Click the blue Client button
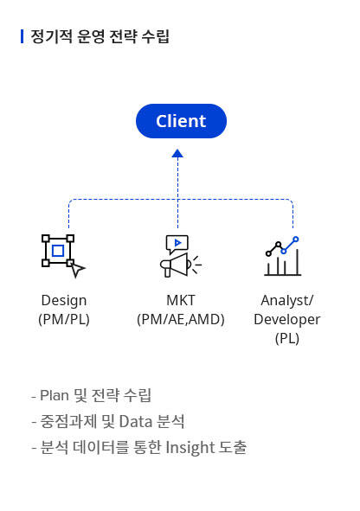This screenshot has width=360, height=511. pyautogui.click(x=181, y=121)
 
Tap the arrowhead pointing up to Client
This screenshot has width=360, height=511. pyautogui.click(x=177, y=153)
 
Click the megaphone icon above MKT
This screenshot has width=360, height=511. pyautogui.click(x=180, y=256)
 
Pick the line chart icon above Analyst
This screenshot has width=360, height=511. pyautogui.click(x=282, y=256)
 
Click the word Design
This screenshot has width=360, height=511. pyautogui.click(x=64, y=301)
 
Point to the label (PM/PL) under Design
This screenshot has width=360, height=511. pyautogui.click(x=64, y=319)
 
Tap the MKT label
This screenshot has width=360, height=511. pyautogui.click(x=181, y=300)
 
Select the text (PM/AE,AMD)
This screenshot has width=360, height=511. pyautogui.click(x=181, y=319)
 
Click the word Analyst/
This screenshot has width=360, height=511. pyautogui.click(x=287, y=301)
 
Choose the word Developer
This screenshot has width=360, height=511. pyautogui.click(x=287, y=319)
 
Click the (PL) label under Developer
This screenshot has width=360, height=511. pyautogui.click(x=287, y=338)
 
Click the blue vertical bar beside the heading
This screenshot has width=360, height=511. pyautogui.click(x=22, y=36)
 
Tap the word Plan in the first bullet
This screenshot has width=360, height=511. pyautogui.click(x=55, y=395)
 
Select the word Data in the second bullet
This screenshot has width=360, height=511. pyautogui.click(x=133, y=421)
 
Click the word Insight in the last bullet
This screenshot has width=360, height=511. pyautogui.click(x=190, y=448)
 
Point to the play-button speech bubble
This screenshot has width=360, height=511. pyautogui.click(x=177, y=244)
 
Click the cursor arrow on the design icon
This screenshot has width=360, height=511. pyautogui.click(x=78, y=270)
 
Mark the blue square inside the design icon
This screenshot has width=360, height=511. pyautogui.click(x=58, y=251)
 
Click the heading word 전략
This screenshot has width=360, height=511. pyautogui.click(x=123, y=36)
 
